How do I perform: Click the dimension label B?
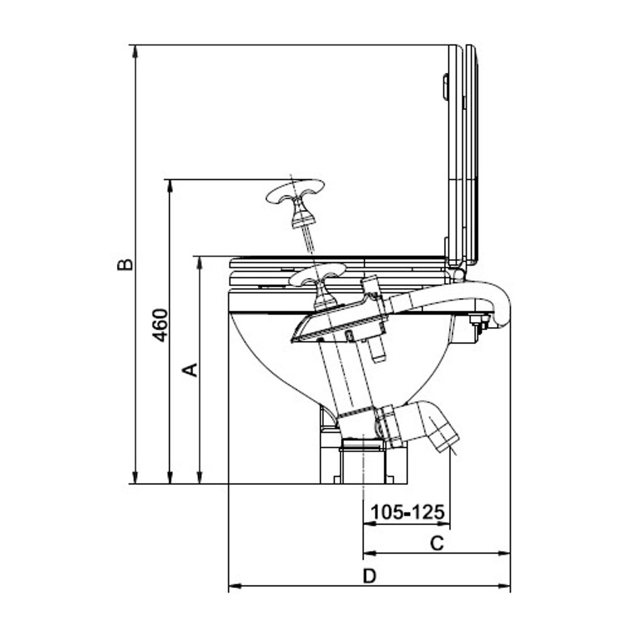tap(125, 264)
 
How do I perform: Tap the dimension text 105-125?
tap(407, 511)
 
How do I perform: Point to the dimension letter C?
tap(437, 543)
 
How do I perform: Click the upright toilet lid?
tap(463, 152)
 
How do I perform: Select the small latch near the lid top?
tap(445, 86)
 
